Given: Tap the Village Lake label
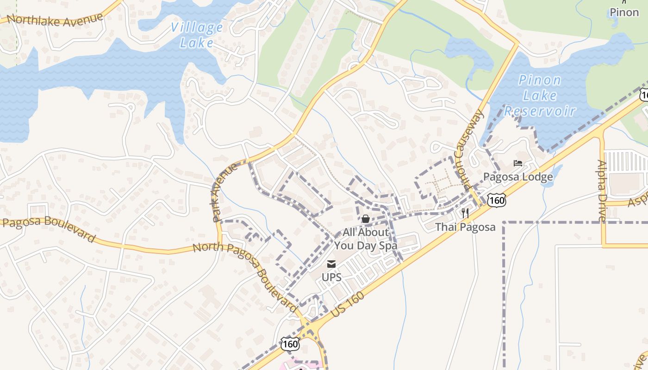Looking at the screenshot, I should [197, 35].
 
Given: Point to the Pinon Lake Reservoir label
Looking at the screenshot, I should [540, 96].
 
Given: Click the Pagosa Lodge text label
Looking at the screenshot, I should [518, 177].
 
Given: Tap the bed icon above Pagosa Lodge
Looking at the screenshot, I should [518, 163].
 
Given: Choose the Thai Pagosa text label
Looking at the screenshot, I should [465, 227].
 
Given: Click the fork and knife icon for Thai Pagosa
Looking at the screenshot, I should [465, 213].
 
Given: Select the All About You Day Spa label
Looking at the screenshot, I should [366, 239].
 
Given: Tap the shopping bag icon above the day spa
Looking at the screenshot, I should [366, 218].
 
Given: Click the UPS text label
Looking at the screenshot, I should [331, 277].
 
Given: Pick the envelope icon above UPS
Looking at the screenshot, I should [331, 265].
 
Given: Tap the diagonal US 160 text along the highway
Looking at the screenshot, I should [348, 304].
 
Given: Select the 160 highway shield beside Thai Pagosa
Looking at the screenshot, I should [497, 200].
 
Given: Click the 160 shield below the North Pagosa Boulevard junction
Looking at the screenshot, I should [290, 344].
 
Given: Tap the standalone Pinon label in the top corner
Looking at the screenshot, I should [624, 12].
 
